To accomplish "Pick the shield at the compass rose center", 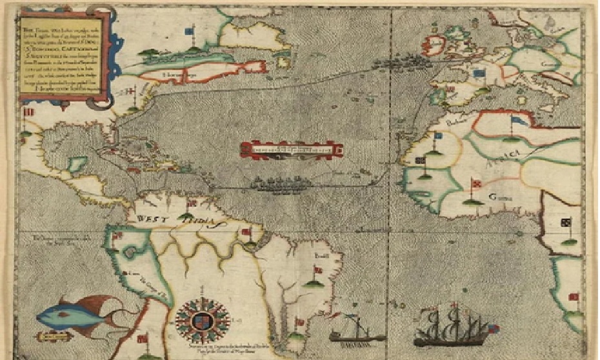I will [203, 320].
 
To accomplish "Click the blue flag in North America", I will [189, 31].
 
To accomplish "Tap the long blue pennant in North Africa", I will [520, 119].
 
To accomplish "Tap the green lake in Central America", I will [77, 165].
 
